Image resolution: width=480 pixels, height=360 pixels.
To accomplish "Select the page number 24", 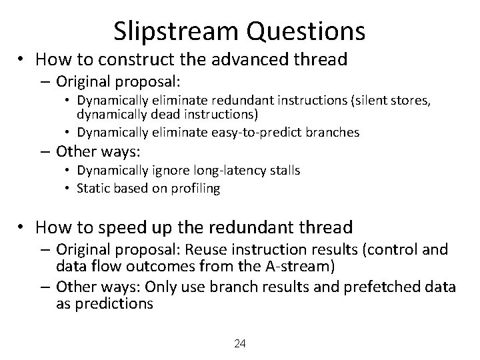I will (240, 344).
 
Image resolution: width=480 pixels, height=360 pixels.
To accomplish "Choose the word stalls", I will (284, 171).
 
